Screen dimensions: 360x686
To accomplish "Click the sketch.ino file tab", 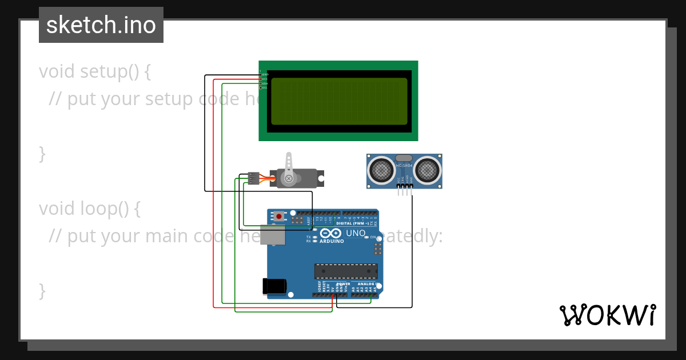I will click(x=101, y=25).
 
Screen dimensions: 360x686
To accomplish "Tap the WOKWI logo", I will click(x=608, y=315).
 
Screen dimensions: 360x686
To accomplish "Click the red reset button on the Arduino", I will click(x=278, y=216).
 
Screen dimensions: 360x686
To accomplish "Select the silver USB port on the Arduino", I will click(x=272, y=235).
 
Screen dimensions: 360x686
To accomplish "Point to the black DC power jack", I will click(x=273, y=286).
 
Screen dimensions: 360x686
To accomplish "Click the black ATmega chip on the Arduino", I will click(x=345, y=271).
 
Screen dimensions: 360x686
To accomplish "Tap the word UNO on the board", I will click(x=356, y=233).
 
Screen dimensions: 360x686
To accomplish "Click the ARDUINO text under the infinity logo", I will click(x=332, y=241).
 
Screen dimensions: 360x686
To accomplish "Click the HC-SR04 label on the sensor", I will click(x=404, y=166).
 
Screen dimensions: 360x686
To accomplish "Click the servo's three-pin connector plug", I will click(x=253, y=178).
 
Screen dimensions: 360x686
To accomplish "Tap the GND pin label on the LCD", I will click(x=265, y=74).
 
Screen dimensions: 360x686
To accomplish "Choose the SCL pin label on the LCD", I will click(x=265, y=87).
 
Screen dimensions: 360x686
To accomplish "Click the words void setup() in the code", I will click(x=95, y=71).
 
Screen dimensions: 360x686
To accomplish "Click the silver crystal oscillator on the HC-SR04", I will click(x=404, y=158).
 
